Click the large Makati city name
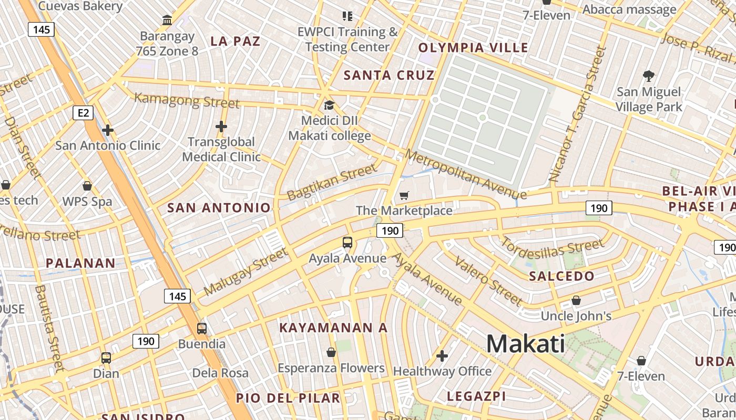point(526,344)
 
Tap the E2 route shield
point(84,112)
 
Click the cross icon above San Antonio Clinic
point(108,130)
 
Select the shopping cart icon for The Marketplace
point(404,196)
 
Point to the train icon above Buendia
point(201,329)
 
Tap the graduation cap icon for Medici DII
point(329,106)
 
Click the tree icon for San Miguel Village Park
point(649,76)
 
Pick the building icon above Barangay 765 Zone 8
point(167,20)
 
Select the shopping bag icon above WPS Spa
point(87,186)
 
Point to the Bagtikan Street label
point(332,182)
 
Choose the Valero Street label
point(488,281)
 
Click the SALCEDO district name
point(561,276)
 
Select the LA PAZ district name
point(235,41)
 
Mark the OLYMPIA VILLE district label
point(473,48)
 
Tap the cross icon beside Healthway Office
point(442,356)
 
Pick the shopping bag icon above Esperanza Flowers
point(331,352)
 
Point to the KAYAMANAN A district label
point(333,328)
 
